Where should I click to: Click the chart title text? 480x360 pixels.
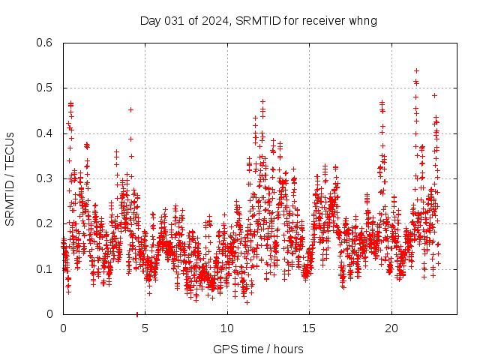coord(258,20)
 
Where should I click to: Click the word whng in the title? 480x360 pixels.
coord(362,20)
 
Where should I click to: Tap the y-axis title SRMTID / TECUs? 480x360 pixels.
coord(10,178)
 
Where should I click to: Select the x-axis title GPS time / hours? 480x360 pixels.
coord(258,349)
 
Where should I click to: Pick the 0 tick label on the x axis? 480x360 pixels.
coord(63,328)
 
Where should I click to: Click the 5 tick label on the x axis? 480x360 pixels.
coord(145,328)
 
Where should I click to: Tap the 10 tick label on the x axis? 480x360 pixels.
coord(227,328)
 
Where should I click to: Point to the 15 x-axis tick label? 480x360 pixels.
coord(310,328)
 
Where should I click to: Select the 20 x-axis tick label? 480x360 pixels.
coord(391,328)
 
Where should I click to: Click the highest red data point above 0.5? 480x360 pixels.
coord(416,70)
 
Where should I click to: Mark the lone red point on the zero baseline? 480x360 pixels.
coord(136,313)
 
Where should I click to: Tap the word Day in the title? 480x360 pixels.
coord(150,20)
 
